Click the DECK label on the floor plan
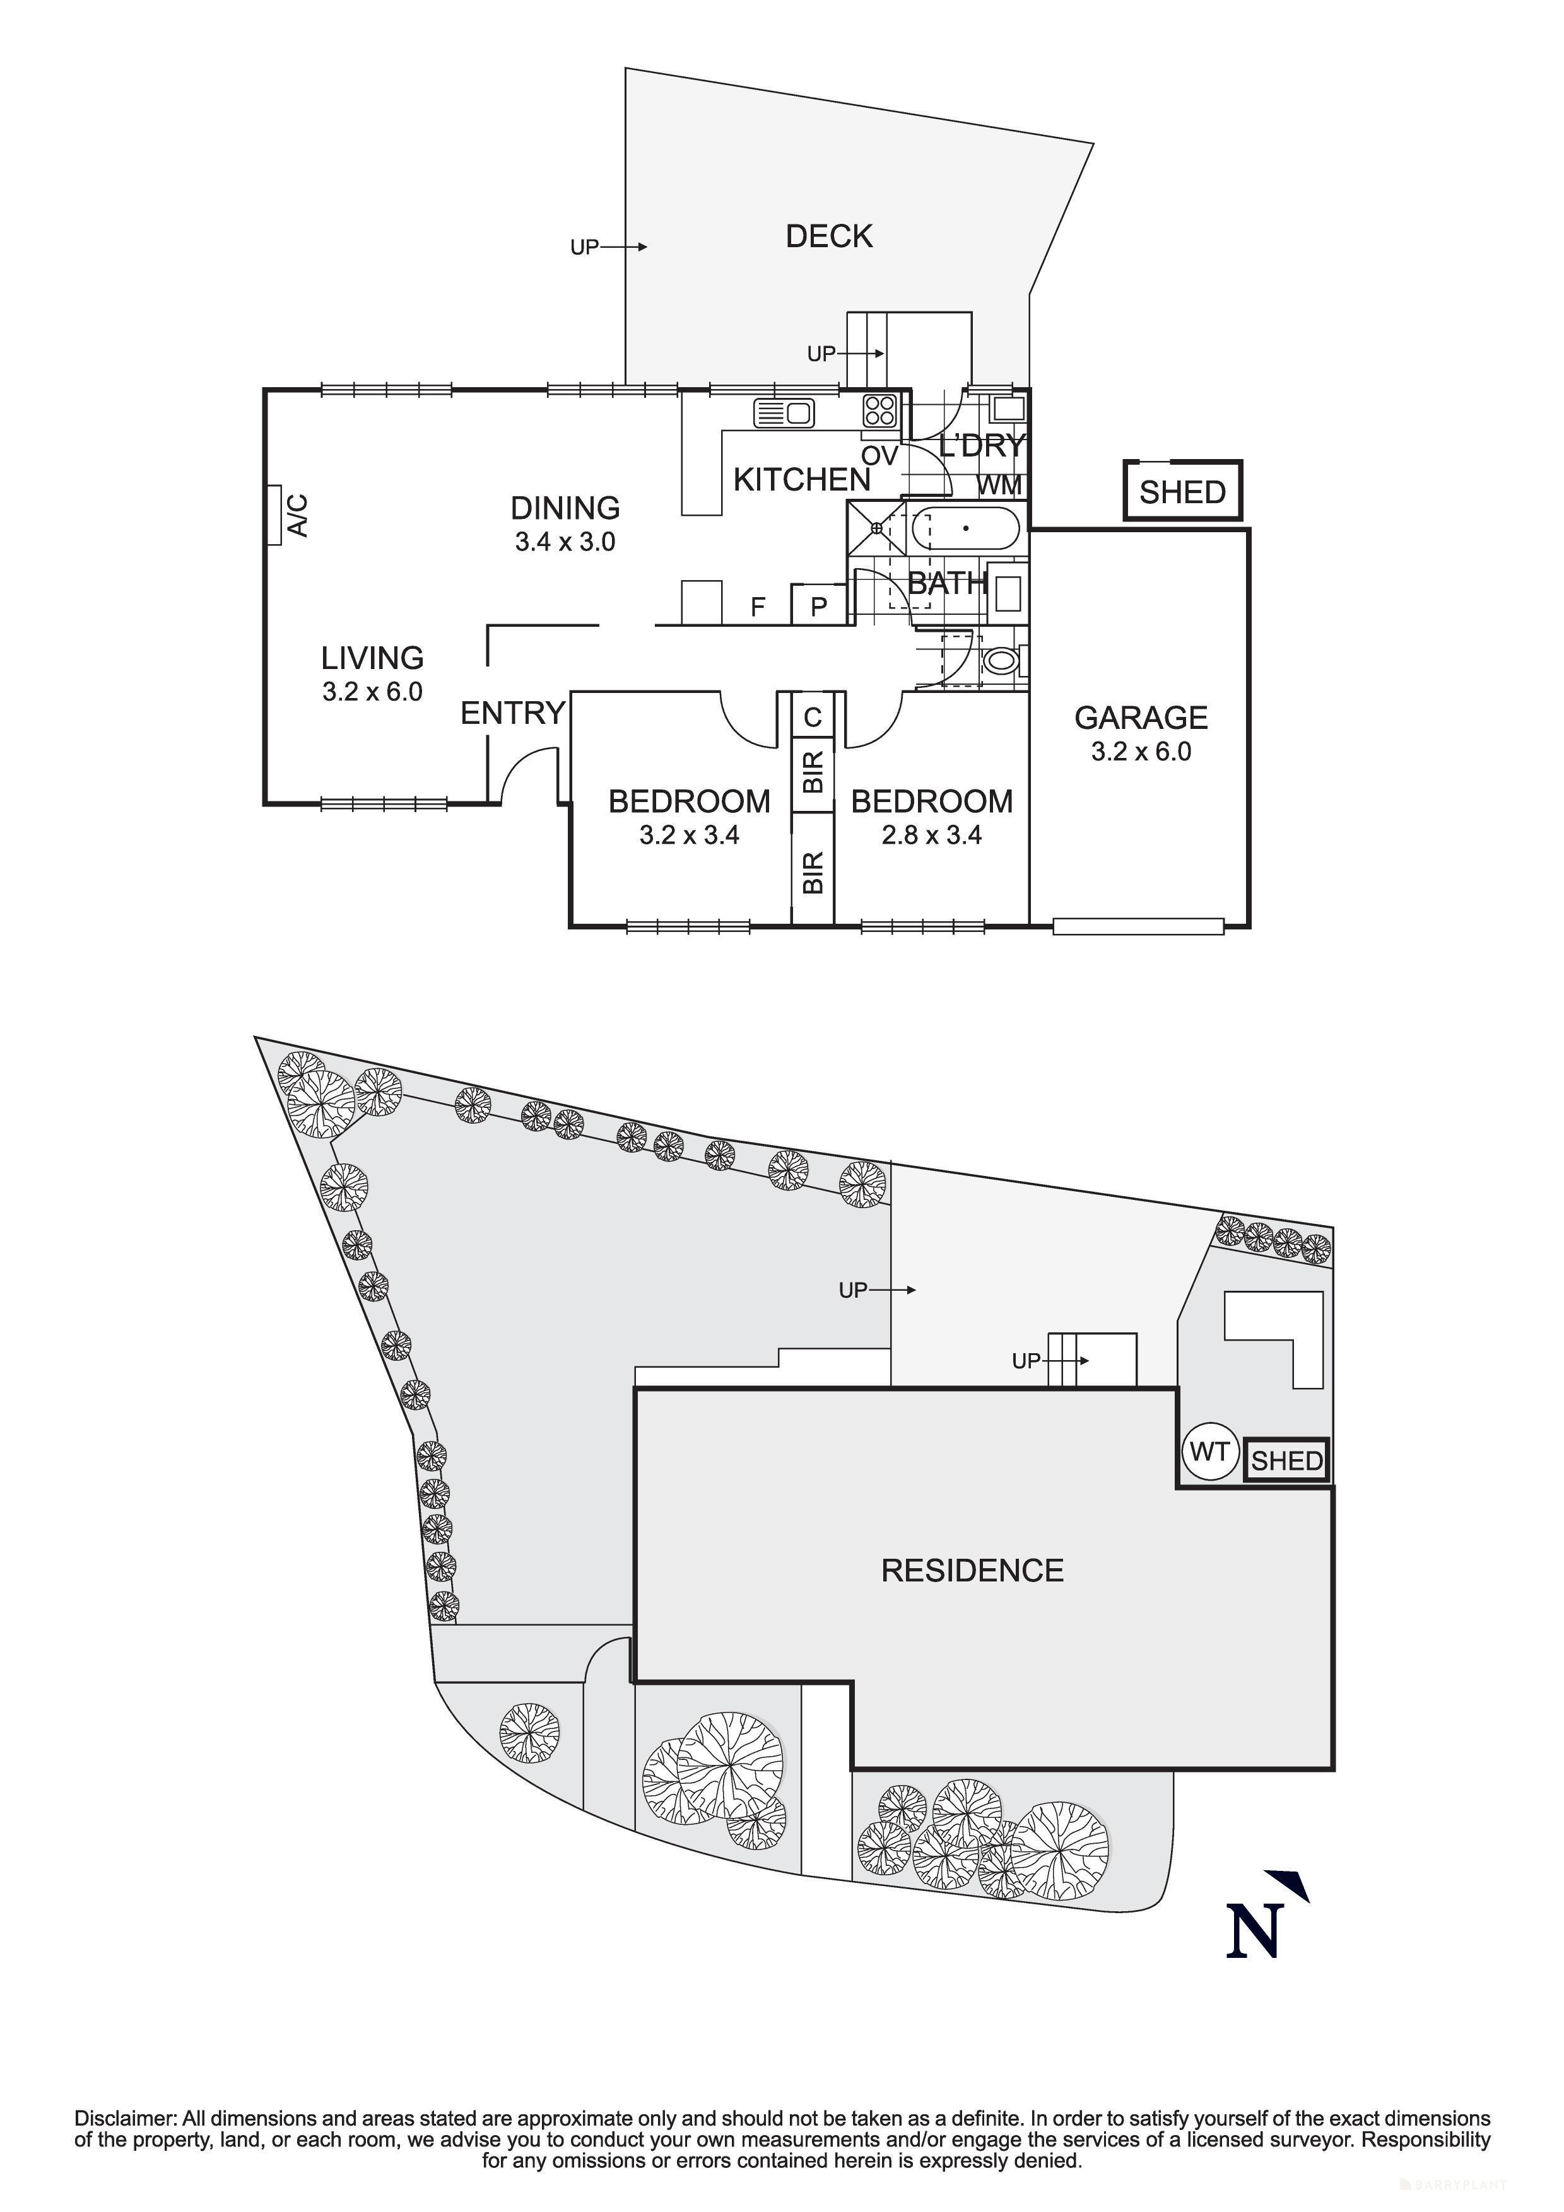tap(829, 236)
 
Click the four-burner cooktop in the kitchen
tap(881, 410)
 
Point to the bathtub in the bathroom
tap(965, 529)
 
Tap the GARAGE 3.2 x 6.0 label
tap(1141, 734)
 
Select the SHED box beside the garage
tap(1182, 491)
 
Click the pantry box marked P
tap(819, 606)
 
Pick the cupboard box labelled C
tap(813, 717)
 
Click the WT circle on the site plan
tap(1208, 1451)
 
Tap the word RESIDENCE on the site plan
tap(972, 1570)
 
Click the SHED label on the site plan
tap(1286, 1462)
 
